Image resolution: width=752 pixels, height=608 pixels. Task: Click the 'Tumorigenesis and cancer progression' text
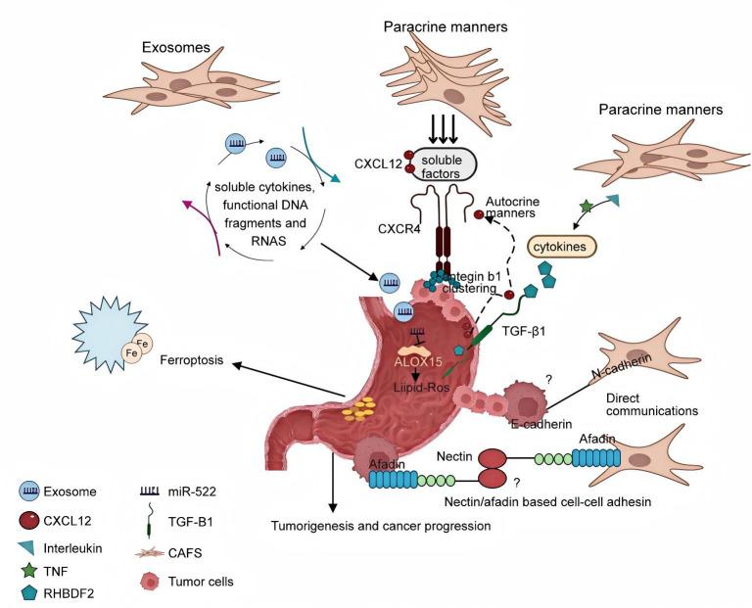coord(380,525)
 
